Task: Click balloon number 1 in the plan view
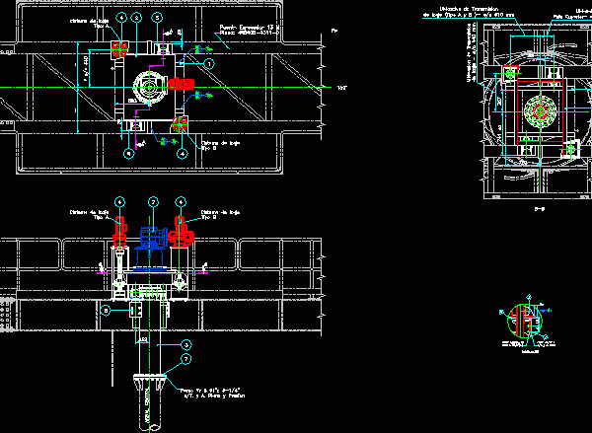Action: click(x=209, y=62)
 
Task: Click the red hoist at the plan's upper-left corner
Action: click(x=119, y=48)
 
